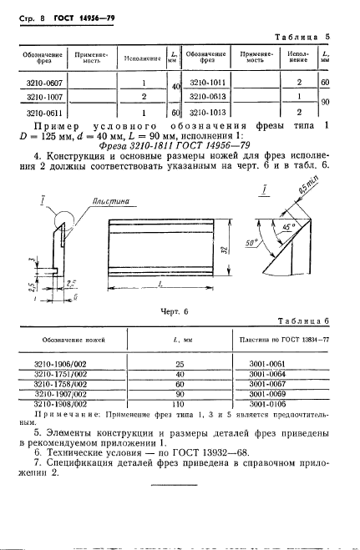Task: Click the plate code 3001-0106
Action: click(279, 403)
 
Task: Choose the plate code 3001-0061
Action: click(279, 365)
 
